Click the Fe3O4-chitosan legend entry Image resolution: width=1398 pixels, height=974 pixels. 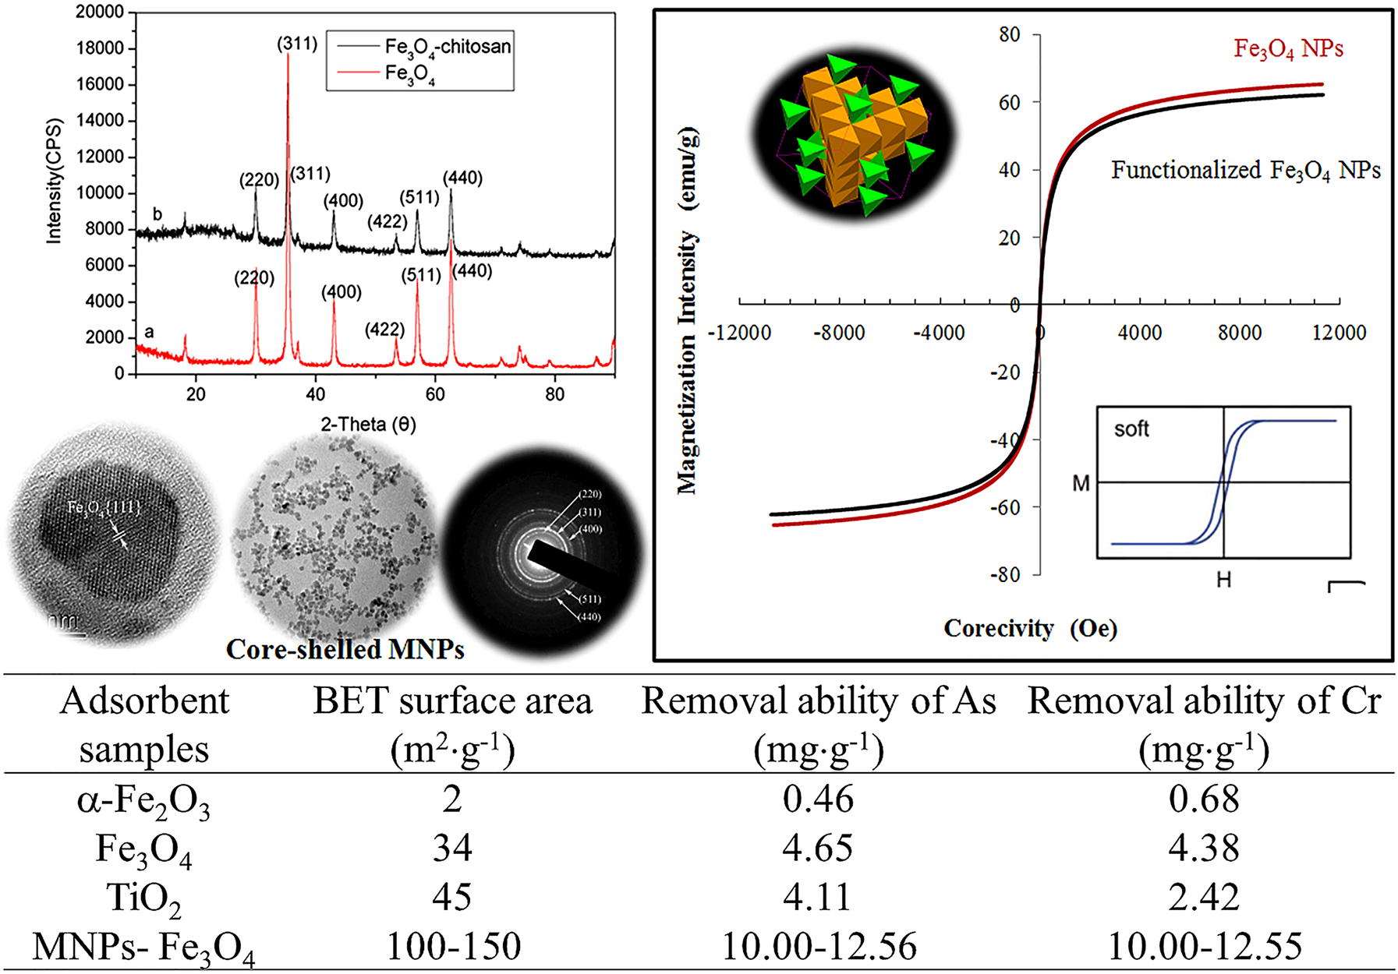[447, 47]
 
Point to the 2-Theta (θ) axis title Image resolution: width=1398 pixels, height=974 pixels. [368, 425]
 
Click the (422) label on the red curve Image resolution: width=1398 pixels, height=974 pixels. [384, 330]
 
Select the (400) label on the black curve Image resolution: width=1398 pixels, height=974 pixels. [344, 201]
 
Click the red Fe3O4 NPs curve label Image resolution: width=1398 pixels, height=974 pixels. [1288, 49]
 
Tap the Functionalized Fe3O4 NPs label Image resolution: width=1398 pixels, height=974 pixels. [1245, 170]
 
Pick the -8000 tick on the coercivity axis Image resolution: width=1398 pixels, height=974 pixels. [839, 333]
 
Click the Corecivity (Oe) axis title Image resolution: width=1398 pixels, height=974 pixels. [1030, 628]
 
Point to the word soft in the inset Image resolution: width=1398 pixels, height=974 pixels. [1131, 429]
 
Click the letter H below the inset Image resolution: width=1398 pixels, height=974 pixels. [1223, 581]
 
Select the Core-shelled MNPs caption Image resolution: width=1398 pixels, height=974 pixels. [345, 649]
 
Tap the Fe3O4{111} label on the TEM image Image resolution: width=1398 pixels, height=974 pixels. [104, 508]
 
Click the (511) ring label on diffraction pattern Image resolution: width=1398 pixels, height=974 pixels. [590, 599]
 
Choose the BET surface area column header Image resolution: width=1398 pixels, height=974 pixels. [452, 701]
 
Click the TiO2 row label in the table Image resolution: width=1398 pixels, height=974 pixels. [143, 898]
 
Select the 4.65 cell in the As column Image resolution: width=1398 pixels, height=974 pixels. [818, 848]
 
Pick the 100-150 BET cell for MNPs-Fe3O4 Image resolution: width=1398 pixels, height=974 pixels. [453, 947]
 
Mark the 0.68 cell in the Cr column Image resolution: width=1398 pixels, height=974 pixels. [1203, 799]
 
